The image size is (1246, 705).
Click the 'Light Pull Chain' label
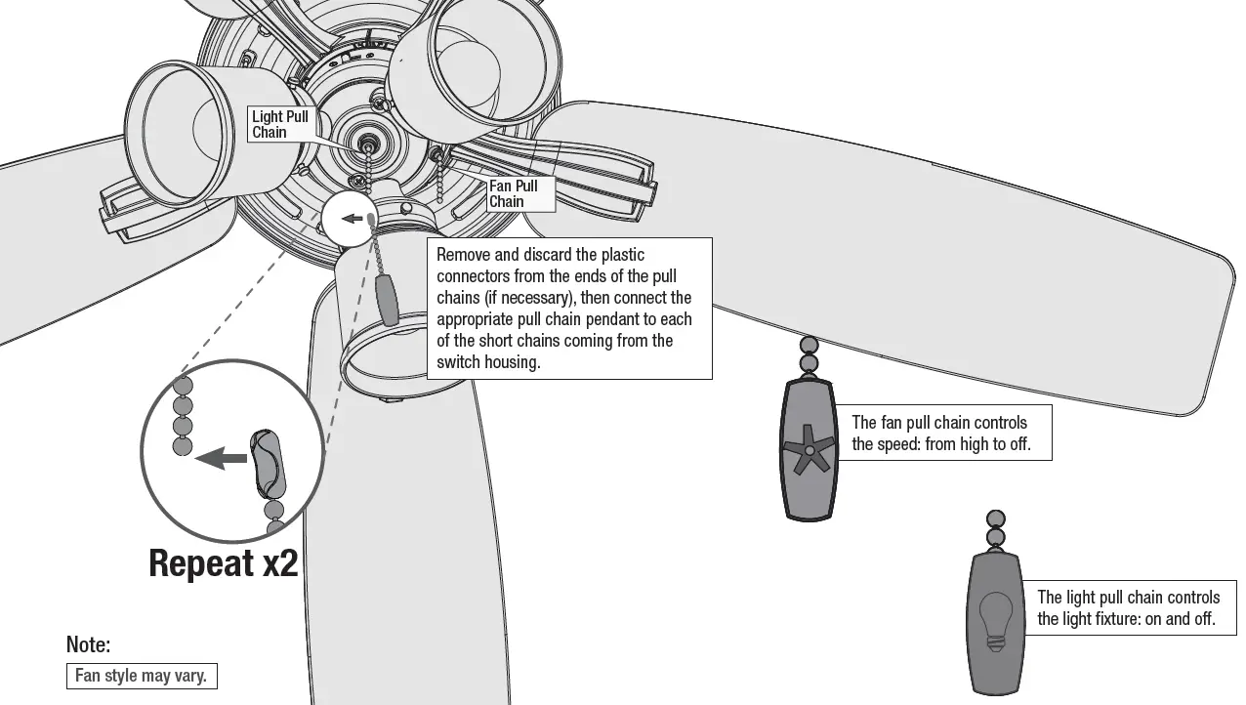[280, 124]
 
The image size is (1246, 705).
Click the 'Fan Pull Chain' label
[514, 193]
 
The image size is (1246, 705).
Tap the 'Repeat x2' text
[223, 563]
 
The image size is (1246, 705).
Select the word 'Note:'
[88, 644]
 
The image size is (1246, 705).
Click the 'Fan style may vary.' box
[142, 676]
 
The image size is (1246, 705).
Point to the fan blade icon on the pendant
[809, 449]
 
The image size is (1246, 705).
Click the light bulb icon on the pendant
[995, 621]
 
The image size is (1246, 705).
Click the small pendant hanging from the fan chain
[388, 299]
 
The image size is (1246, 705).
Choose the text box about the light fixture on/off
[1128, 607]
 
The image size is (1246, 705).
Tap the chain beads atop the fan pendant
[809, 354]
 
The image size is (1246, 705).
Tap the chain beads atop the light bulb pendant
[995, 528]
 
